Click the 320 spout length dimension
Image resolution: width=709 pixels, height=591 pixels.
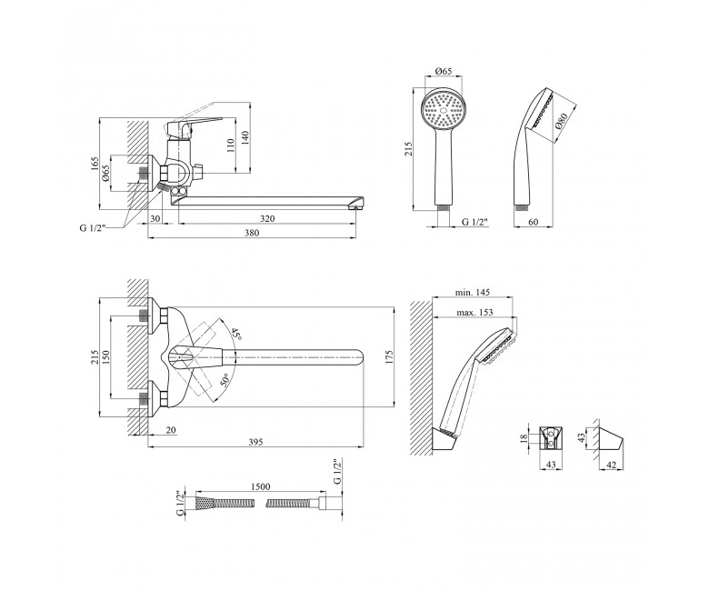(x=267, y=219)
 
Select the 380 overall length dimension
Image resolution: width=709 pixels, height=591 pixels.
(x=252, y=233)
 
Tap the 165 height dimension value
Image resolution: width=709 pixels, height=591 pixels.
(x=95, y=164)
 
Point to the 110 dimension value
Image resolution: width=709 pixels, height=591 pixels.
(x=231, y=145)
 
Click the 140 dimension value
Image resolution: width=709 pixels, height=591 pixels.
(x=245, y=137)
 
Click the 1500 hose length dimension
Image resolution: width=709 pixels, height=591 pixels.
(x=260, y=486)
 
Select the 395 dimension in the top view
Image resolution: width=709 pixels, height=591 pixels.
(x=255, y=442)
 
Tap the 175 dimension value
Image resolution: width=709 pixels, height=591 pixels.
(x=390, y=356)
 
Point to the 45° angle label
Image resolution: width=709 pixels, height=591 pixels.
(x=236, y=335)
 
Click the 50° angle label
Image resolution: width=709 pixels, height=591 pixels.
(x=225, y=380)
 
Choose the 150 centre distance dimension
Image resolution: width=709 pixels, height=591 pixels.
(x=105, y=357)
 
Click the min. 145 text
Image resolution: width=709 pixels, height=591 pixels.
(x=473, y=293)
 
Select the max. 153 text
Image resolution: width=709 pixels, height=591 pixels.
(x=474, y=313)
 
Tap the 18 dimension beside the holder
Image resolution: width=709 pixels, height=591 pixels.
(x=524, y=438)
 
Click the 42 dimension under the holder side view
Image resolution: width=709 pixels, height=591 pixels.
(x=611, y=465)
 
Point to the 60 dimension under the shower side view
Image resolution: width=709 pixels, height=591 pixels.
(x=534, y=222)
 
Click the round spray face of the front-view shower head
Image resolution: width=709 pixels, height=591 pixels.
(x=444, y=108)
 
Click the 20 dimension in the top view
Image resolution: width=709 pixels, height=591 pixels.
(x=171, y=430)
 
